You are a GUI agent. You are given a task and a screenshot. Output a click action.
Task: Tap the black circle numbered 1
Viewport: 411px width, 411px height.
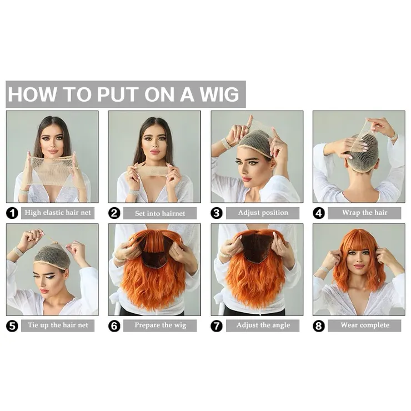(x=12, y=213)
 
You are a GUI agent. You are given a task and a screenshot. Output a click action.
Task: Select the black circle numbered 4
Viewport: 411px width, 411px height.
(x=319, y=213)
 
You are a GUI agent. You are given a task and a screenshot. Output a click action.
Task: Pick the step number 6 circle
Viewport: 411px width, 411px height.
(x=114, y=326)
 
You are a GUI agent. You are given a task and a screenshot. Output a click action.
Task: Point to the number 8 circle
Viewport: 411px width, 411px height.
(x=319, y=326)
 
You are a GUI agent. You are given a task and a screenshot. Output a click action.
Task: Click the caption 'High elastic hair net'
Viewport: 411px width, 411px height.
(x=58, y=212)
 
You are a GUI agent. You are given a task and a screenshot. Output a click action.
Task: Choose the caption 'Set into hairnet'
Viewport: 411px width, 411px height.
(x=160, y=213)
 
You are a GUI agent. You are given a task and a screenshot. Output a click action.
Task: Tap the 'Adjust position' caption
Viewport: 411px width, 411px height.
(x=263, y=212)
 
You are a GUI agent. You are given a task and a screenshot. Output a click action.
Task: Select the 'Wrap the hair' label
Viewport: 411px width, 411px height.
(x=364, y=212)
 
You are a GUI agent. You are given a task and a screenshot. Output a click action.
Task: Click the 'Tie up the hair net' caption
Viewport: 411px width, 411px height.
(x=58, y=325)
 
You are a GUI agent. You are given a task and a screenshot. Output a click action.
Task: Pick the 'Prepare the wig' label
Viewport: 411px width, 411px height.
(x=160, y=325)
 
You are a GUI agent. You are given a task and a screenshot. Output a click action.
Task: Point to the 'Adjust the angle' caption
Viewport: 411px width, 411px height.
(x=263, y=325)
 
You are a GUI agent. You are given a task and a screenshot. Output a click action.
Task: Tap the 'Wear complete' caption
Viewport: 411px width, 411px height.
(x=365, y=325)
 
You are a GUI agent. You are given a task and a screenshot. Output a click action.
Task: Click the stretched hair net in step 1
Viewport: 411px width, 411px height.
(x=51, y=171)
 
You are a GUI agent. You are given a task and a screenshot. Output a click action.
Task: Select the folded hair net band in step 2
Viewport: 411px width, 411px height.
(x=149, y=171)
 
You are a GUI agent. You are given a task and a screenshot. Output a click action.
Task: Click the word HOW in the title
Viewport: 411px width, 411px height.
(x=33, y=94)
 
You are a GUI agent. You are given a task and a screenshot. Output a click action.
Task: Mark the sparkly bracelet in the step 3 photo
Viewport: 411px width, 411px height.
(x=225, y=143)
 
